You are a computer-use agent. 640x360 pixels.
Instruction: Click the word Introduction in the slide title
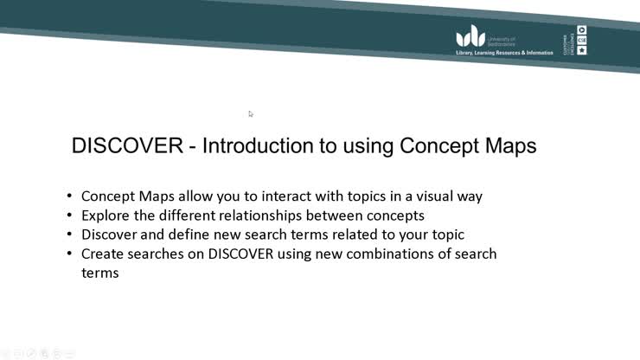coord(261,145)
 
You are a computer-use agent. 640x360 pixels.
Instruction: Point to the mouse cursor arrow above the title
coord(251,113)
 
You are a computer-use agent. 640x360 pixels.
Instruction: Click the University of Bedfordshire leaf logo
coord(471,36)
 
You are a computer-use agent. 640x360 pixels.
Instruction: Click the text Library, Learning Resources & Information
coord(504,53)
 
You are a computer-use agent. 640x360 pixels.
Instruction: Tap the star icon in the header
coord(582,50)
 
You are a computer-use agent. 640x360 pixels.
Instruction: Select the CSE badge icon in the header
coord(582,40)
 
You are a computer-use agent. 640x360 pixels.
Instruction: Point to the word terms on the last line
coord(99,273)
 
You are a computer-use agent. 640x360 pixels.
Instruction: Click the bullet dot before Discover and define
coord(70,235)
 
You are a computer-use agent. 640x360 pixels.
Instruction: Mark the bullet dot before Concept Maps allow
coord(70,196)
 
